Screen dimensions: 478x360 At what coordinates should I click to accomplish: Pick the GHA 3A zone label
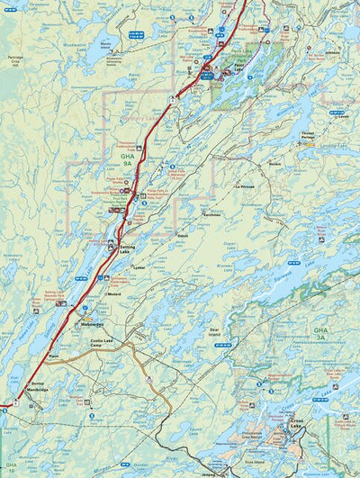(320, 336)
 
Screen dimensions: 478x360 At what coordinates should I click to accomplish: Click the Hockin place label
(275, 164)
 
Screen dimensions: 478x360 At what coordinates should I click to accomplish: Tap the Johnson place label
(333, 53)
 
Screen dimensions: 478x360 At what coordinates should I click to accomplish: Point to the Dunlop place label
(37, 384)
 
